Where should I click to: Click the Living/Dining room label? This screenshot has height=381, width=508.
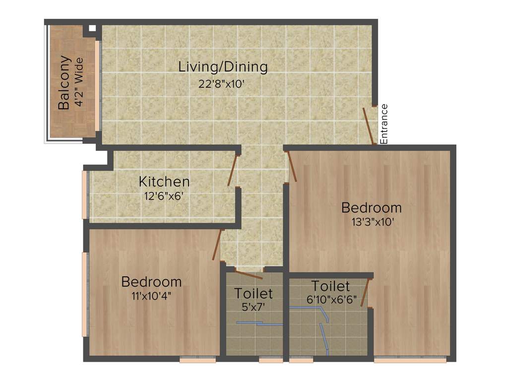(x=223, y=67)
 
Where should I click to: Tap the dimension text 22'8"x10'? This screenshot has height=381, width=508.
(x=222, y=84)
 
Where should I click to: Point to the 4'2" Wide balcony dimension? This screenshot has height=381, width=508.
(x=79, y=83)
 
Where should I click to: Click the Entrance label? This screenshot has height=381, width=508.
(x=383, y=124)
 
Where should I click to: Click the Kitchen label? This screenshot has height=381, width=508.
(x=164, y=182)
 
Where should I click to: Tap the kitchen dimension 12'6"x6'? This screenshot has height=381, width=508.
(x=164, y=195)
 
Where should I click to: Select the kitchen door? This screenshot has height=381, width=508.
(x=232, y=170)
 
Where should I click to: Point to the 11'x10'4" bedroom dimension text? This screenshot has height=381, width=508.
(x=151, y=296)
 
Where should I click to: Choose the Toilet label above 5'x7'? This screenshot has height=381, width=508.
(x=254, y=293)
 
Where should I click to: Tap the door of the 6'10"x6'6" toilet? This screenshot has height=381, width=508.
(x=365, y=293)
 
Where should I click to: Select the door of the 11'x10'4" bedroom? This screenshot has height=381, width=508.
(x=217, y=245)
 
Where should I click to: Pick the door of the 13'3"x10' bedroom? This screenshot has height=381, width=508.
(x=292, y=166)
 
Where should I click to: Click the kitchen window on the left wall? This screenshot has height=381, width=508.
(x=85, y=194)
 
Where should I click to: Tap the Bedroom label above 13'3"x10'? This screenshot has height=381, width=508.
(x=372, y=207)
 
